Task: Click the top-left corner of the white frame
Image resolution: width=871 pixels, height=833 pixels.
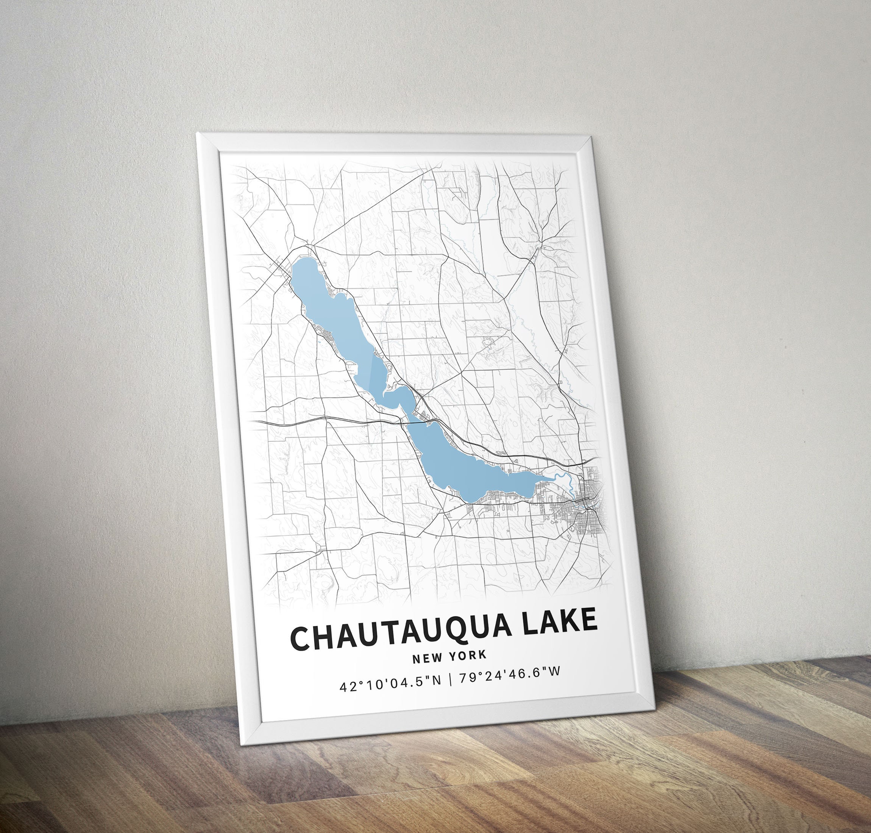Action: point(198,133)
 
